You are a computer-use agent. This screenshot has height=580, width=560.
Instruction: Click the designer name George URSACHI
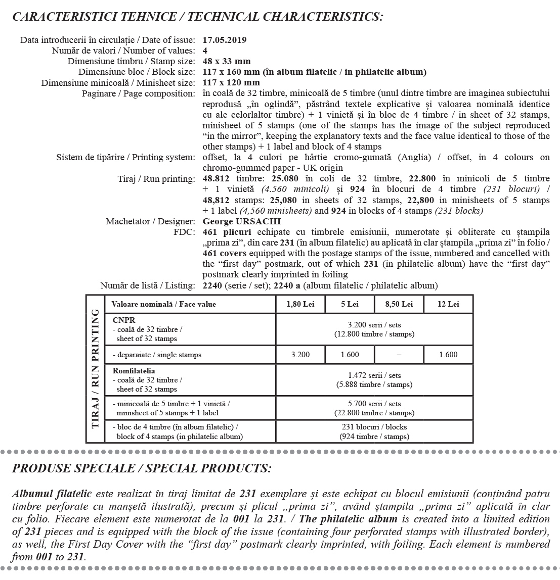[241, 221]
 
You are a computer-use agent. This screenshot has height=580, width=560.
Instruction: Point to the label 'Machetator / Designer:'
[150, 221]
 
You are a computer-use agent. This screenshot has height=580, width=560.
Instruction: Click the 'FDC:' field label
[184, 232]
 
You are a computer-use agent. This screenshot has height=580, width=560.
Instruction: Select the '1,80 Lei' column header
[300, 304]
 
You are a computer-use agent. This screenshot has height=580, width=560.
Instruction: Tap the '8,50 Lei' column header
[399, 304]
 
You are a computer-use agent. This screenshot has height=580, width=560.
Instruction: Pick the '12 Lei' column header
[448, 304]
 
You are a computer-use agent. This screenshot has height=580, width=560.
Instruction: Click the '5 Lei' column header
[349, 304]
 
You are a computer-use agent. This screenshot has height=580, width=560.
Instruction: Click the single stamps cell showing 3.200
[300, 355]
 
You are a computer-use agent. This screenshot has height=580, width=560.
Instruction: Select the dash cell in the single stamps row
[399, 355]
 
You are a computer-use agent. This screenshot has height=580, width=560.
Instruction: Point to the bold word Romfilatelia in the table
[134, 371]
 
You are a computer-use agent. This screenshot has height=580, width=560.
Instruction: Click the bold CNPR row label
[124, 320]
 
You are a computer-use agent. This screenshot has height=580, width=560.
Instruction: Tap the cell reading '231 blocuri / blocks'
[374, 427]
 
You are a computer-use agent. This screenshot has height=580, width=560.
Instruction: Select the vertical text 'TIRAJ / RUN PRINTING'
[95, 369]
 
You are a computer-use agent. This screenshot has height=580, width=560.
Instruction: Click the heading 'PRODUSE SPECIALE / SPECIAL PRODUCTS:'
[141, 468]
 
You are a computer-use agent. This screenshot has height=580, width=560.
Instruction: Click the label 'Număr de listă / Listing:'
[147, 285]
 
